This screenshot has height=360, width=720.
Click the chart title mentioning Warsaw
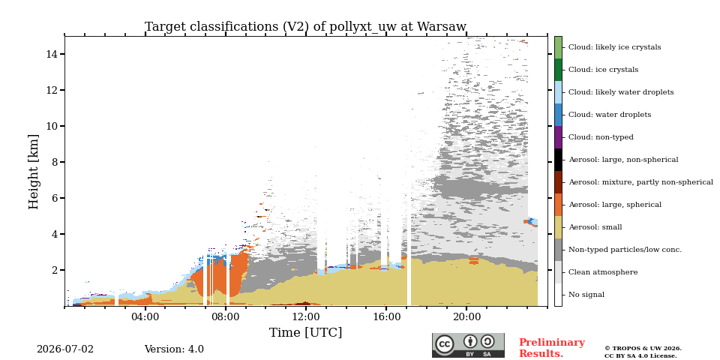[x=305, y=27]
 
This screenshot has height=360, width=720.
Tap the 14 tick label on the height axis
[x=51, y=54]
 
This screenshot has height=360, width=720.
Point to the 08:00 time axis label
[x=226, y=316]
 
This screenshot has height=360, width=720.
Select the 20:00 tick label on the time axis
[x=467, y=316]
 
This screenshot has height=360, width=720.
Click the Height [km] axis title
[x=34, y=172]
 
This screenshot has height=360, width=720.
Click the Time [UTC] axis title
[x=305, y=332]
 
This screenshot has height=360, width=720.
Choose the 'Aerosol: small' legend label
[x=595, y=227]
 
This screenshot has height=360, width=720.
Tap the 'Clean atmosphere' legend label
[x=603, y=272]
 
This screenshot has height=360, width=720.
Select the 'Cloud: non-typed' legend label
[x=601, y=137]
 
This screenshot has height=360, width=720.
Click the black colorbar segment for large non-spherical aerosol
[x=558, y=160]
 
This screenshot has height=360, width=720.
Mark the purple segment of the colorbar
[x=558, y=137]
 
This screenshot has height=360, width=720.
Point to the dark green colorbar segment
[x=558, y=70]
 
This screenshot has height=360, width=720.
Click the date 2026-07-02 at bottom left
[x=65, y=349]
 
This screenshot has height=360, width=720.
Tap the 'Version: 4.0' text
[x=174, y=349]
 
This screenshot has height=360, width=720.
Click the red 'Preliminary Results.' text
[x=552, y=348]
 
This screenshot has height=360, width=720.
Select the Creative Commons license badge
[x=468, y=345]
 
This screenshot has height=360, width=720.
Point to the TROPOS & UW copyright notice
[x=643, y=352]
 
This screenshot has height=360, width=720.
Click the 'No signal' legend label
[x=586, y=295]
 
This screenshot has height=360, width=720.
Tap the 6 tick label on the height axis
[x=54, y=198]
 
